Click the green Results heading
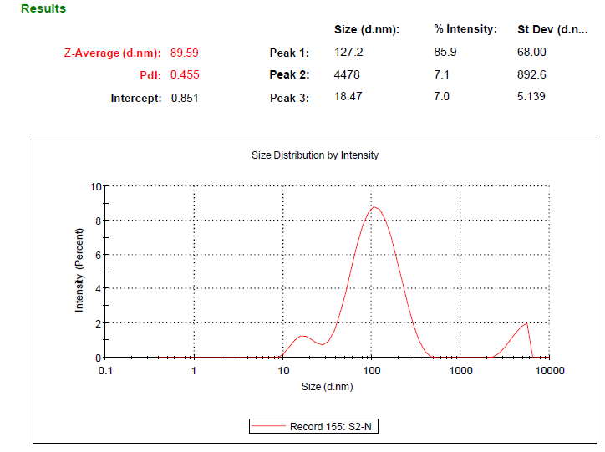click(x=43, y=8)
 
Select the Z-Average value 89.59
click(x=185, y=53)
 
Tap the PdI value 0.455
click(x=185, y=74)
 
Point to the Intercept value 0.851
click(x=185, y=98)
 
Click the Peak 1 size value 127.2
click(x=348, y=53)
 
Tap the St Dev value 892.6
click(x=532, y=74)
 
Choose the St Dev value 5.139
click(x=531, y=97)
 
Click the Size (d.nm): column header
click(x=367, y=29)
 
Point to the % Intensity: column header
click(x=465, y=29)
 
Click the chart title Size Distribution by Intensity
click(x=315, y=155)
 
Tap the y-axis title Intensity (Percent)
click(x=80, y=270)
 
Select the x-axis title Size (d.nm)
click(x=327, y=387)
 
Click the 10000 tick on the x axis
click(x=549, y=370)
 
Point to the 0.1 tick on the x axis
click(x=105, y=370)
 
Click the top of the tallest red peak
click(x=374, y=207)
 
